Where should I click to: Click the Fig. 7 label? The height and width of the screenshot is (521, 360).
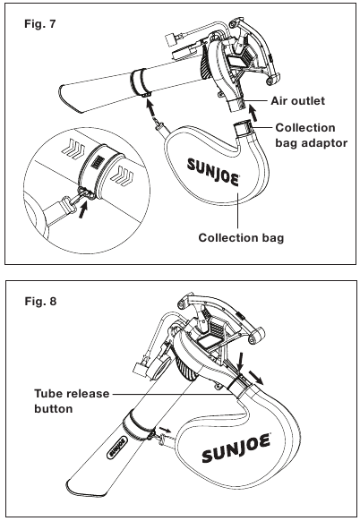(x=40, y=24)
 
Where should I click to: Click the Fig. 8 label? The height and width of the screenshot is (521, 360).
(x=40, y=301)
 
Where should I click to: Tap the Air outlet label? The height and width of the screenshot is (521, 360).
(x=297, y=100)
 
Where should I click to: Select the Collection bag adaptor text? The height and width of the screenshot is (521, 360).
(x=312, y=135)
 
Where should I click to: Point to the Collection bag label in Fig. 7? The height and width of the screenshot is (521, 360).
(x=241, y=238)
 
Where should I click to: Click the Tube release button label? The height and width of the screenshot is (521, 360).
(x=72, y=401)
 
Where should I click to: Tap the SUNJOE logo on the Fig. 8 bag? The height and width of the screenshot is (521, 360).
(x=236, y=448)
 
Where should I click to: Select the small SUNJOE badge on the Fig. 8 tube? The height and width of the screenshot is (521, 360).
(x=116, y=446)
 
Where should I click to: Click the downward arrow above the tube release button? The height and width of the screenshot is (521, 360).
(x=241, y=362)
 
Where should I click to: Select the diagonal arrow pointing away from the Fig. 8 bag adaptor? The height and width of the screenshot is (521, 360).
(x=256, y=377)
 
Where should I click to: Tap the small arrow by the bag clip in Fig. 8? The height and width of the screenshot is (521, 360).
(x=165, y=430)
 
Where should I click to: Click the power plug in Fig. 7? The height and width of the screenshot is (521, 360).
(x=170, y=40)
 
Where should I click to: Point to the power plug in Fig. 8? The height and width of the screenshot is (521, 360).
(x=140, y=369)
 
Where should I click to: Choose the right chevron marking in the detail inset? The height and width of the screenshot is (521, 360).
(x=122, y=175)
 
